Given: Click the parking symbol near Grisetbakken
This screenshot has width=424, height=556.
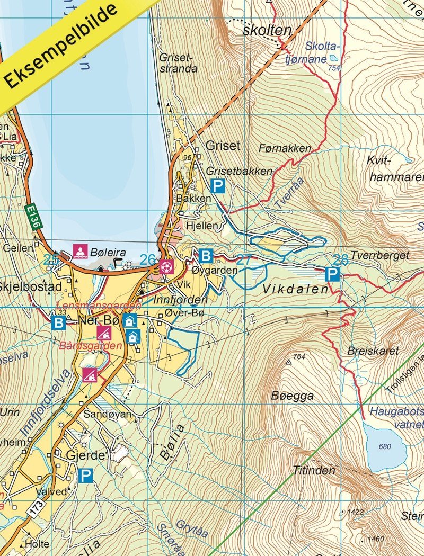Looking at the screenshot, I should (218, 186).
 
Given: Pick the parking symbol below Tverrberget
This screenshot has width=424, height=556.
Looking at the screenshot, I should (332, 274).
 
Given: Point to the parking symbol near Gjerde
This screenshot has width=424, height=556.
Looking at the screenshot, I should (85, 475).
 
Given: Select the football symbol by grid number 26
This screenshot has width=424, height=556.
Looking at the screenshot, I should (166, 266).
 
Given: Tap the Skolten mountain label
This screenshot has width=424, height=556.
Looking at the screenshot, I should (267, 30).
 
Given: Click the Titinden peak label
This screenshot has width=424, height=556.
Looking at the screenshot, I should (314, 470).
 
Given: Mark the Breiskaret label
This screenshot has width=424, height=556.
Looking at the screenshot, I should (366, 351).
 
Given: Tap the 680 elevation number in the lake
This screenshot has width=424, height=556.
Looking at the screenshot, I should (385, 446).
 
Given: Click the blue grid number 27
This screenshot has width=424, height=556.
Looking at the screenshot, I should (244, 259).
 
